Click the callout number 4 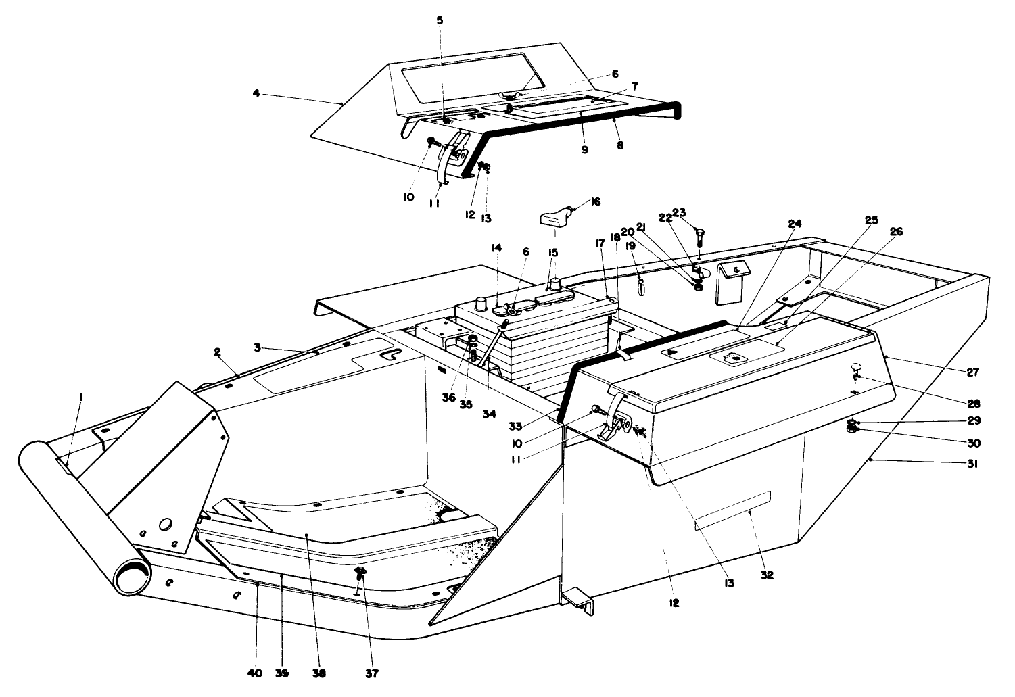tap(256, 94)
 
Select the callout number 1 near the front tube tap(80, 400)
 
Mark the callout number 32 tap(766, 575)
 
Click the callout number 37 tap(373, 673)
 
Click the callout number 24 tap(795, 224)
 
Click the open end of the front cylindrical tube tap(131, 579)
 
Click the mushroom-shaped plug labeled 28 tap(855, 368)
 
